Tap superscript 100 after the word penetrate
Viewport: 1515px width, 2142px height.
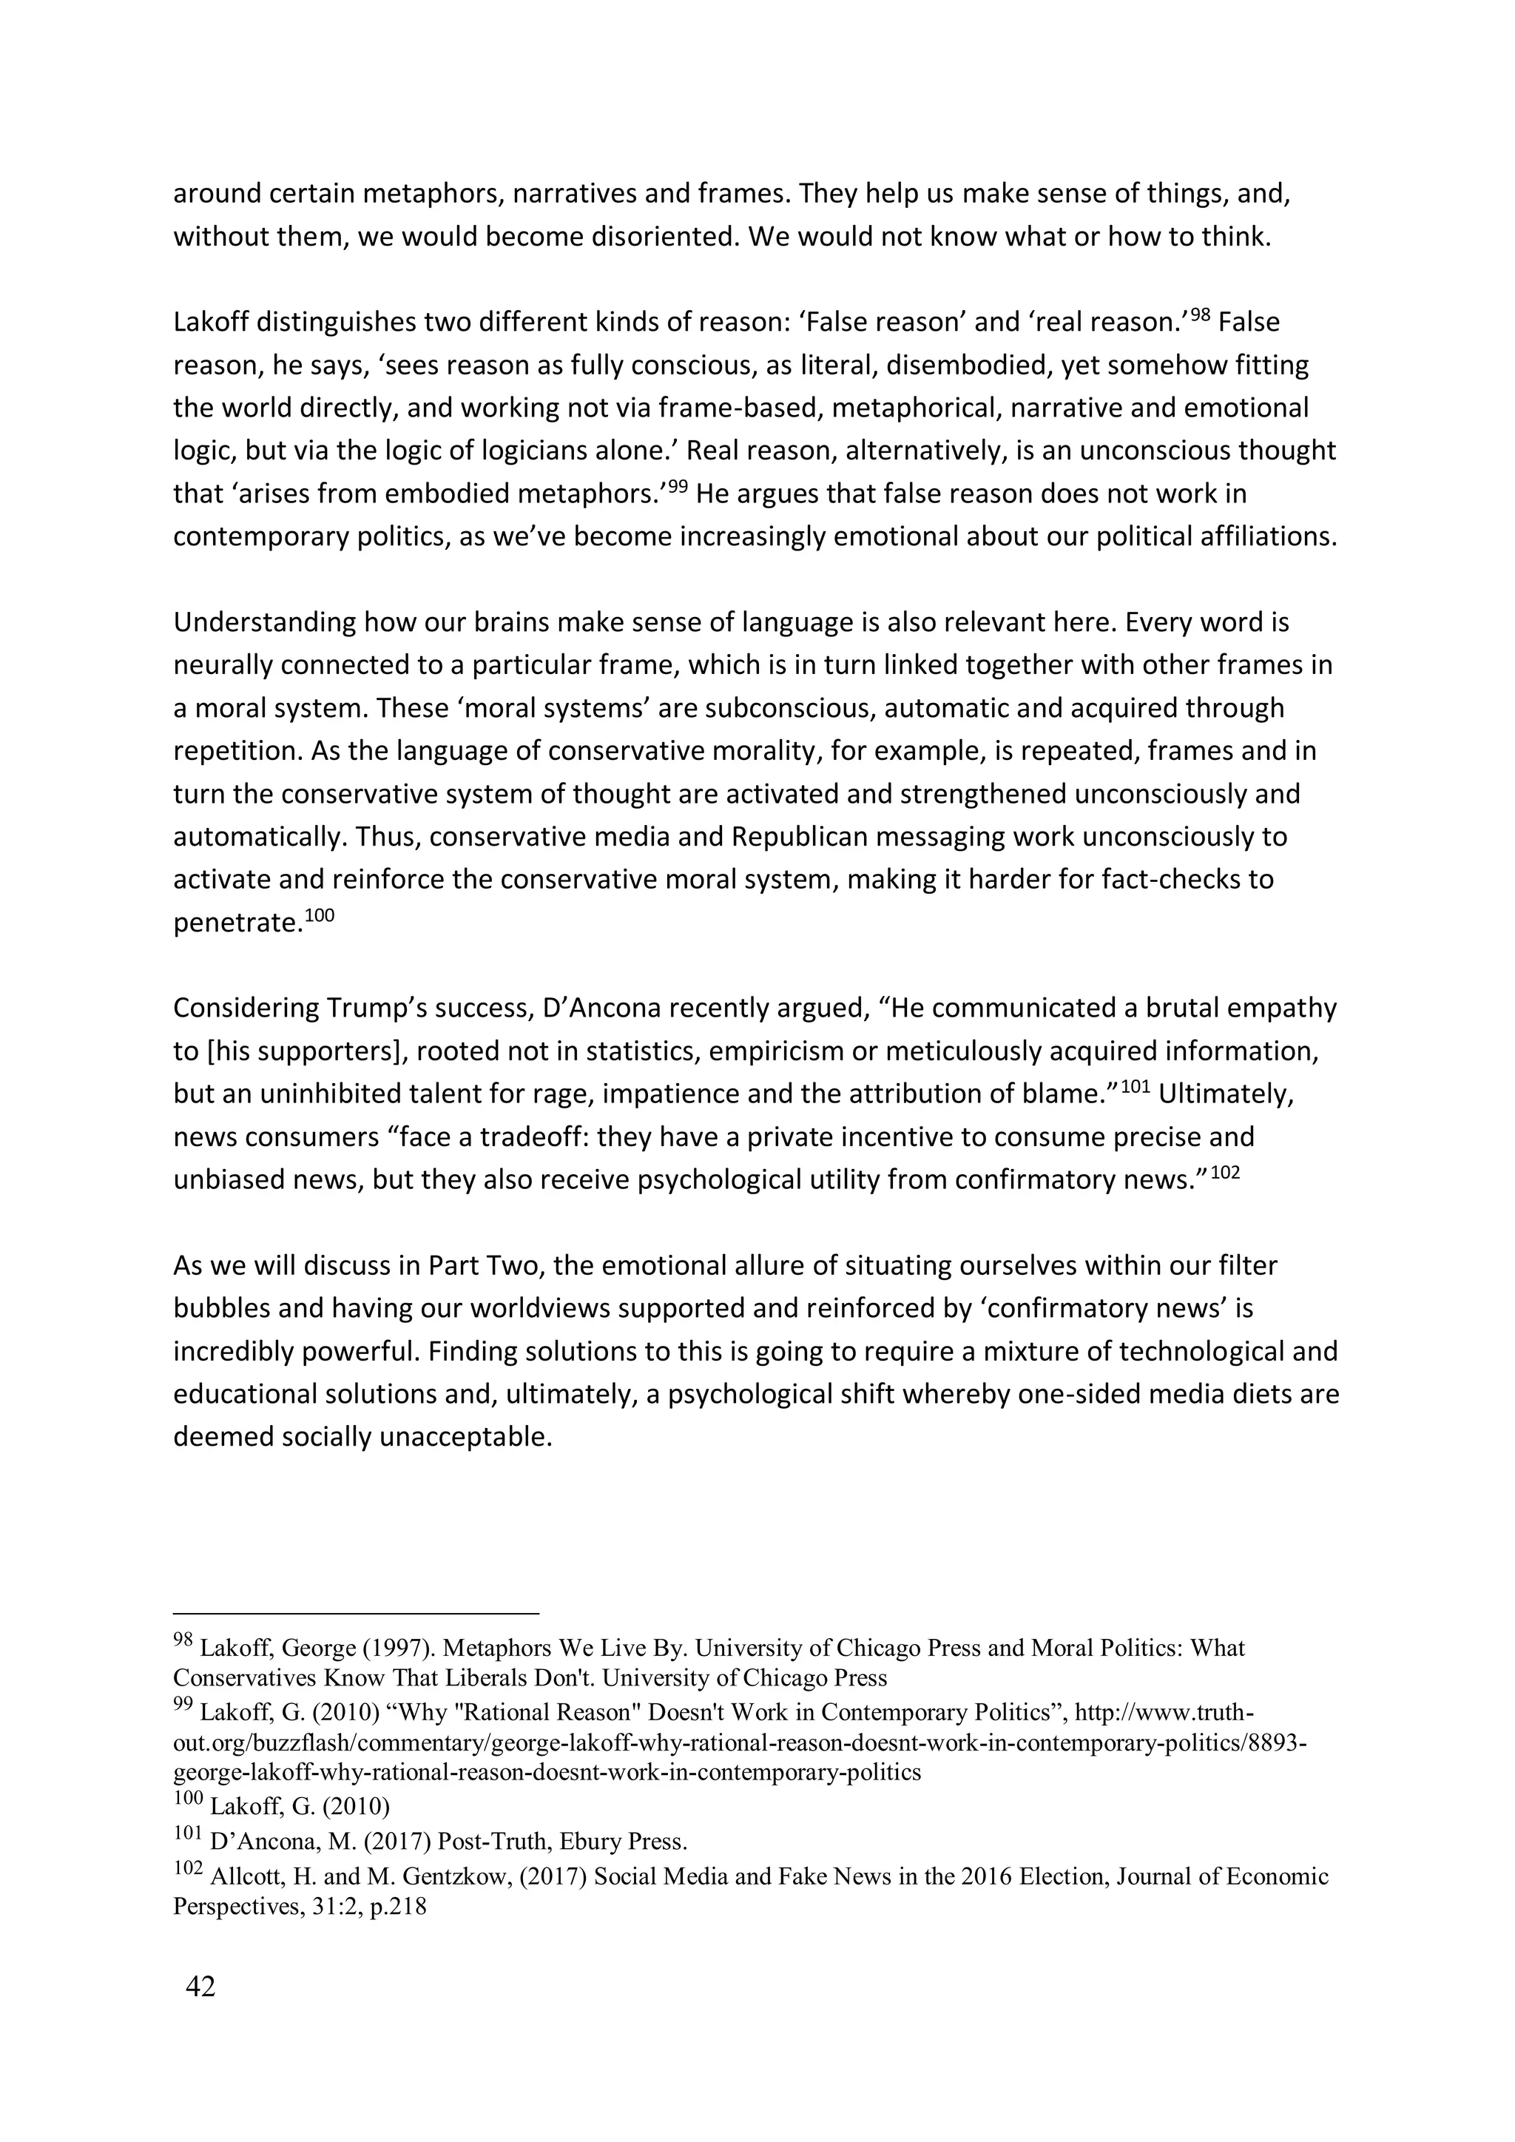319,915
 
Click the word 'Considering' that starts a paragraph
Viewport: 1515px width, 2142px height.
246,1008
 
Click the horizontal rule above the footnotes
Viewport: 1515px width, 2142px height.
357,1613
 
